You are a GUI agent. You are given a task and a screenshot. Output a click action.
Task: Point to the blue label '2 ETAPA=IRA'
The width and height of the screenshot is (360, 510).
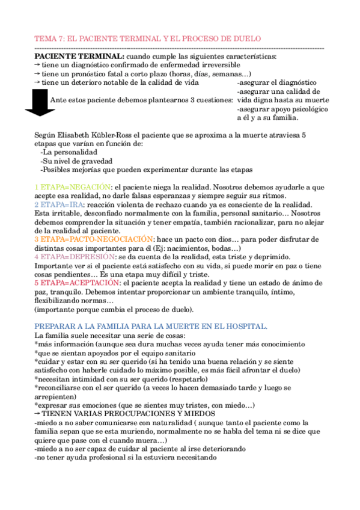[x=59, y=204]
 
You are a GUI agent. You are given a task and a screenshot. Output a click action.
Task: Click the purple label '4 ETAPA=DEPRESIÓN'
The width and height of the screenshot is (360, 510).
[x=74, y=256]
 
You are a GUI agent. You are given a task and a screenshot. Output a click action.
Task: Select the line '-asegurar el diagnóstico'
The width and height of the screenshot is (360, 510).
[x=276, y=82]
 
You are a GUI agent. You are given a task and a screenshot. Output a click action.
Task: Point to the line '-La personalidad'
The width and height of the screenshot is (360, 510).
[x=67, y=152]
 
